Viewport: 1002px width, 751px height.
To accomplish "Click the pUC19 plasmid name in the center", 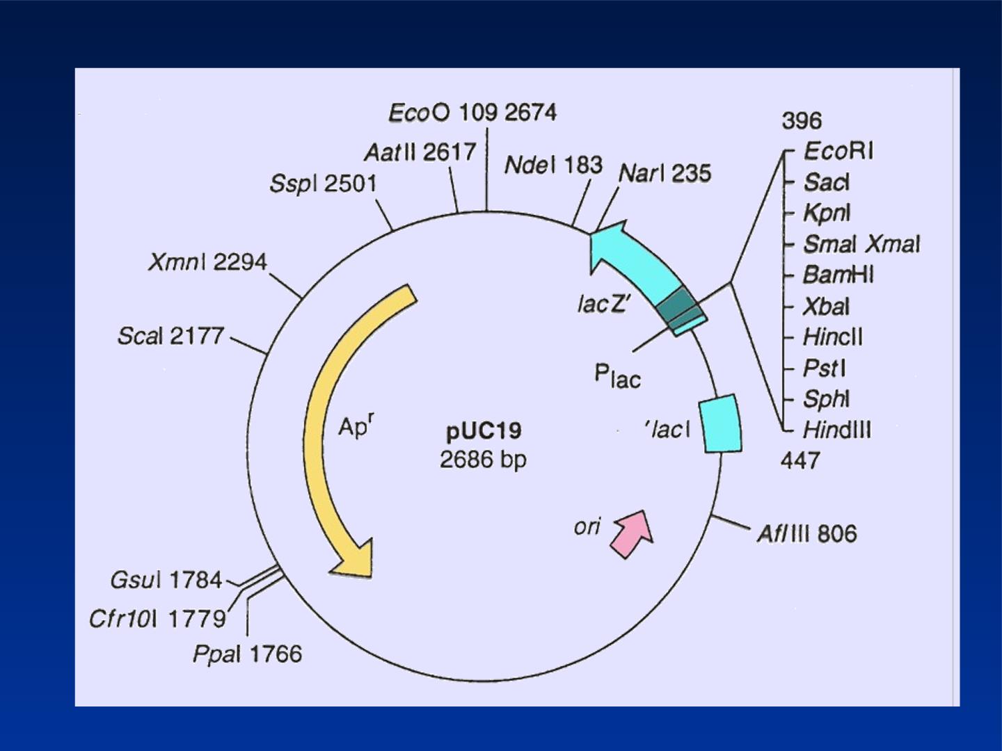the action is tap(484, 431).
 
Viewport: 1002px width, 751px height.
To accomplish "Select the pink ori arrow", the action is tap(633, 533).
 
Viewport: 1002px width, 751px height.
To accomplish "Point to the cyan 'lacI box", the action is tap(721, 423).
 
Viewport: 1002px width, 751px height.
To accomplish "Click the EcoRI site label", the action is tap(838, 151).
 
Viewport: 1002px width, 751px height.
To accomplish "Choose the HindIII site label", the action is tap(837, 430).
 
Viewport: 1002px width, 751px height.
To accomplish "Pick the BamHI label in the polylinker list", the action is tap(838, 275).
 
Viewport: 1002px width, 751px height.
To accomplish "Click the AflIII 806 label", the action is tap(806, 533).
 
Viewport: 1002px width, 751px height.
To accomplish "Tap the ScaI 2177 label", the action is tap(170, 336).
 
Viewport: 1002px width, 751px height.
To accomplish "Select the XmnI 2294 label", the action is tap(207, 262).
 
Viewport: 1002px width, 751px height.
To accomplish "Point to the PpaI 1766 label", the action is tap(248, 654).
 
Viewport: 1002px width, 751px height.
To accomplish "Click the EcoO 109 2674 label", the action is tap(472, 113).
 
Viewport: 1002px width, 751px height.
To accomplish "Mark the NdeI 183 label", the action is tap(553, 165).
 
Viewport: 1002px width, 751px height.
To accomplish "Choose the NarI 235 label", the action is tap(665, 173).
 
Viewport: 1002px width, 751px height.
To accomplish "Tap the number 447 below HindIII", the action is tap(800, 460).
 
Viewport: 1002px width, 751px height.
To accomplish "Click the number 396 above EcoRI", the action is tap(802, 121).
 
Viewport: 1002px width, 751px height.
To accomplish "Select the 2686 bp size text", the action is tap(483, 459).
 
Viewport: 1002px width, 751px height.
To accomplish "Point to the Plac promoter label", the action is tap(617, 377).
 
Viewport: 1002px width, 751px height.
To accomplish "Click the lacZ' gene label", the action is tap(603, 304).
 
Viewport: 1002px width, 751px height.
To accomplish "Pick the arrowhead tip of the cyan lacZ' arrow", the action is tap(591, 235).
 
